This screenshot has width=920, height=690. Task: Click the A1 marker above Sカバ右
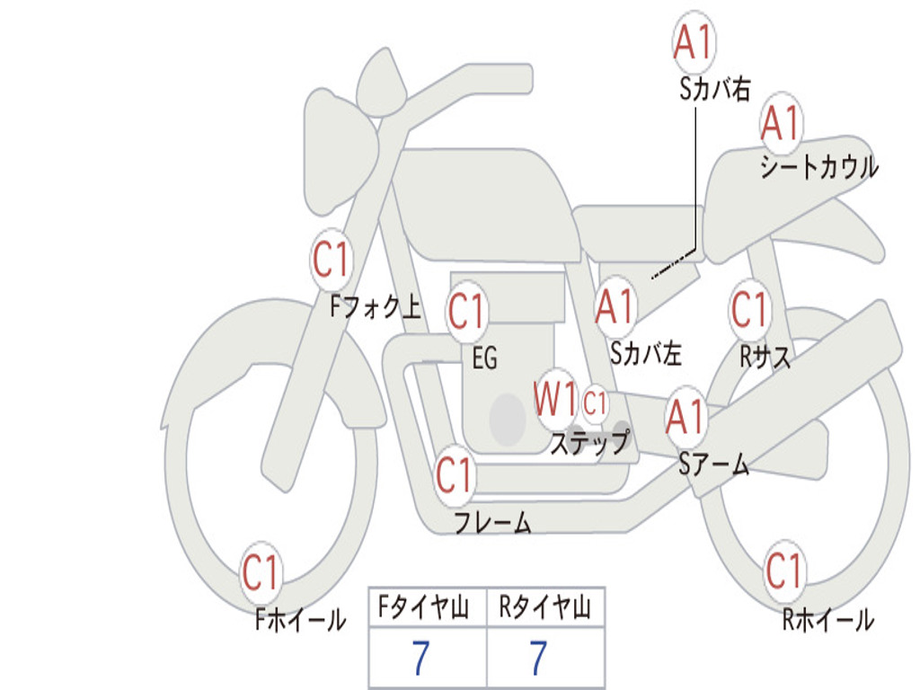pos(694,42)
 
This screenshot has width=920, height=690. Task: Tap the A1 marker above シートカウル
pos(781,122)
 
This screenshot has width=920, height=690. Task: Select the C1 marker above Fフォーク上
pos(332,259)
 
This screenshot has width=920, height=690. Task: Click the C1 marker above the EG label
pos(466,310)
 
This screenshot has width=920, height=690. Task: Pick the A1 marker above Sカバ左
pos(615,306)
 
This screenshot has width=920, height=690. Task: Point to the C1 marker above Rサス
pos(749,308)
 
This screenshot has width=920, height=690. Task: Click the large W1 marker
pos(555,398)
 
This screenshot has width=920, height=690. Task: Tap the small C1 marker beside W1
pos(595,403)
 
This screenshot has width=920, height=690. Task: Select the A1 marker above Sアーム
pos(686,415)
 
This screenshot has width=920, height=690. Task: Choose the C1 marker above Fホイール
pos(261,571)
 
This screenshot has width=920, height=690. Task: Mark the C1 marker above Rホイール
pos(783,571)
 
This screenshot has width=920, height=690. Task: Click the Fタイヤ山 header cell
pos(428,607)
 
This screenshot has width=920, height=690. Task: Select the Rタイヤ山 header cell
pos(545,607)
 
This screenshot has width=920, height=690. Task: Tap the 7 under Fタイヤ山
pos(421,657)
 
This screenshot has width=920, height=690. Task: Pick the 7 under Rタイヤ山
pos(539,657)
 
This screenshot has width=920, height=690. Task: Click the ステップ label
pos(589,442)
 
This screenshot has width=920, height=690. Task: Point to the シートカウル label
pos(819,166)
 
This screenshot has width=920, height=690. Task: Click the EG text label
pos(485,358)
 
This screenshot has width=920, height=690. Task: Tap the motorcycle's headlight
pos(339,151)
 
